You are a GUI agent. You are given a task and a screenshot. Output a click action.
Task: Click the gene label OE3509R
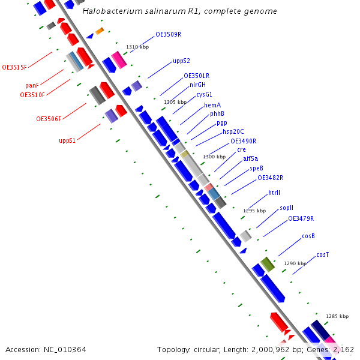tap(169, 34)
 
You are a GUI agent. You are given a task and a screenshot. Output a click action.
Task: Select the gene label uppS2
tap(181, 61)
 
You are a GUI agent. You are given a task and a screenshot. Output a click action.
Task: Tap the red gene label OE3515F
tap(14, 67)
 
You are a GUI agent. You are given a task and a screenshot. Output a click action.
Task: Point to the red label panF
tap(32, 85)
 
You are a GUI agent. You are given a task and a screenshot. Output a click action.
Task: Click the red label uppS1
tap(67, 140)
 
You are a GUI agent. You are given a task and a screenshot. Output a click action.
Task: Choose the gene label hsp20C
tap(233, 131)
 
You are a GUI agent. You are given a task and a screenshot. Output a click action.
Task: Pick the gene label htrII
tap(274, 193)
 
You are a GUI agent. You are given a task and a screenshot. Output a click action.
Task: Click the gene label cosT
tap(322, 254)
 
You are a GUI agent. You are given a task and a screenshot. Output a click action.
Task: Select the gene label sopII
tap(286, 208)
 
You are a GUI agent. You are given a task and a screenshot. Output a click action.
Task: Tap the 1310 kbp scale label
tap(137, 47)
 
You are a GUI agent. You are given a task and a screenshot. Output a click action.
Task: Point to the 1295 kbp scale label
tap(254, 211)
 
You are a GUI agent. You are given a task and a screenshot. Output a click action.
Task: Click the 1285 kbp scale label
tap(337, 316)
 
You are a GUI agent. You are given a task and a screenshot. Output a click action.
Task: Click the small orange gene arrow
tap(100, 31)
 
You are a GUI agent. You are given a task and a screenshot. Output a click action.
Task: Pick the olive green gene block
tap(268, 264)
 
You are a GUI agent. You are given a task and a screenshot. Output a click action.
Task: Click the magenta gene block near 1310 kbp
tap(119, 60)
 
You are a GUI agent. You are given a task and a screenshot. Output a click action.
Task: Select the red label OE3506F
tap(49, 119)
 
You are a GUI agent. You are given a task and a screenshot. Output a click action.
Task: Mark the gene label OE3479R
tap(301, 218)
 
